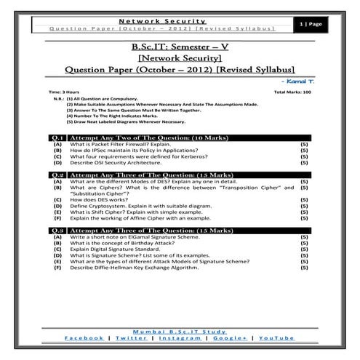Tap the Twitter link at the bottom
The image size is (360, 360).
pos(131,338)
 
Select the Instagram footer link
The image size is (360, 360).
pos(180,338)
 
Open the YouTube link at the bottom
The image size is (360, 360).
pos(276,338)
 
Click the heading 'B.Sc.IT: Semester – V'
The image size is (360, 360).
pos(180,47)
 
